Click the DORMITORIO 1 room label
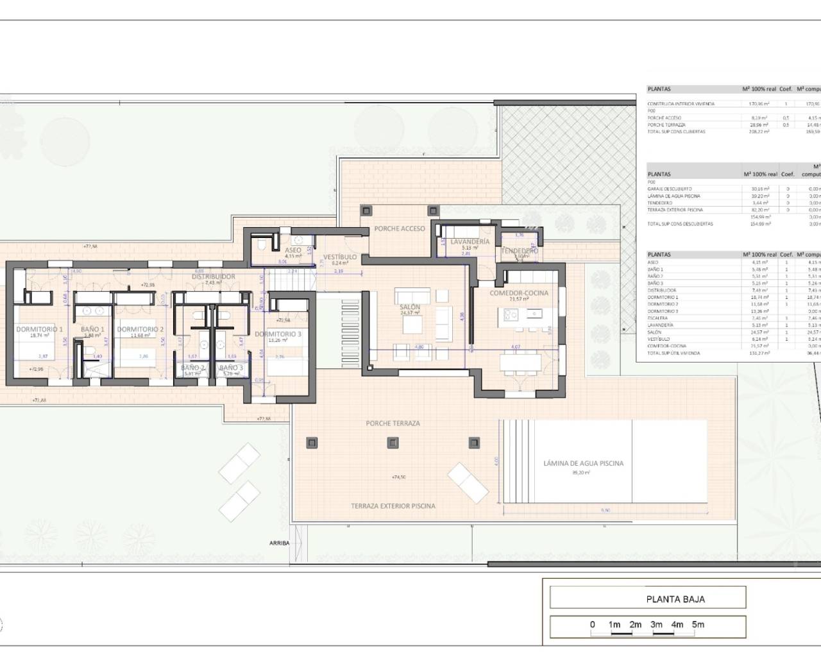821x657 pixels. [x=39, y=329]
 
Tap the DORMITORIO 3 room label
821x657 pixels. [x=278, y=334]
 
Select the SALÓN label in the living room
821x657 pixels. [x=410, y=307]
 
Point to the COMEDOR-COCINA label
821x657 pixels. [x=519, y=293]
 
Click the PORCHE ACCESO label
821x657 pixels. [x=400, y=228]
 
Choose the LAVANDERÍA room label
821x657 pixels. [x=470, y=242]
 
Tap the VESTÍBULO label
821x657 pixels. [x=340, y=257]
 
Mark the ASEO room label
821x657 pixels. [x=292, y=250]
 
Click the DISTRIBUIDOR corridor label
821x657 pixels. [x=214, y=277]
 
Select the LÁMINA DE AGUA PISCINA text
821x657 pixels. [x=583, y=463]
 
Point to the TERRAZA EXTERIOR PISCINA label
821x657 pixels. [x=393, y=506]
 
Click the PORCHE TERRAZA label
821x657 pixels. [x=393, y=423]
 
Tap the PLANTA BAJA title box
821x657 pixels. [x=675, y=599]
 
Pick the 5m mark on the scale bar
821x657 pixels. [x=698, y=624]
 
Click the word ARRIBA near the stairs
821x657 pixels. [x=279, y=543]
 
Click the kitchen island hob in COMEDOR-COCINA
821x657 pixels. [x=511, y=314]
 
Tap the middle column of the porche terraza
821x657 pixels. [x=393, y=443]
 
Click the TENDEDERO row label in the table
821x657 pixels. [x=660, y=203]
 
